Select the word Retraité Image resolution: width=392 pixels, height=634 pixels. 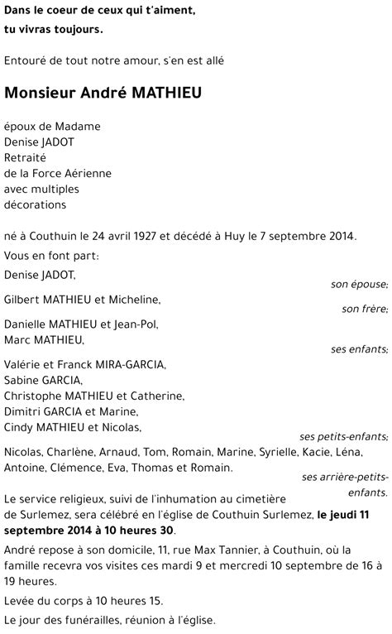point(26,157)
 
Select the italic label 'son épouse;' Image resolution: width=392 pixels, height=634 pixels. point(359,284)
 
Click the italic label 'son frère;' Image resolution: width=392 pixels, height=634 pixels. point(365,310)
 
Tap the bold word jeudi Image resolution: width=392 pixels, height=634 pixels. point(351,514)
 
